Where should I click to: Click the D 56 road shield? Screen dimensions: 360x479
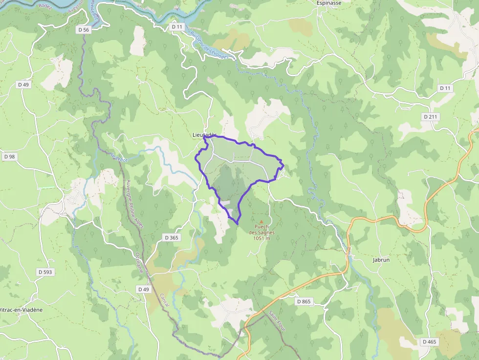[x=84, y=30]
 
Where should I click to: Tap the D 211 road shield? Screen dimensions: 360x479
[x=431, y=117]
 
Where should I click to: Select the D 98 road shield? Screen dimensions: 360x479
[x=9, y=157]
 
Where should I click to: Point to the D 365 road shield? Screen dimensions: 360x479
[x=172, y=237]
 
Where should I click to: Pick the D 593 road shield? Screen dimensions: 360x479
[x=45, y=272]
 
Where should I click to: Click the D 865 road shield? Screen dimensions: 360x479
[x=304, y=301]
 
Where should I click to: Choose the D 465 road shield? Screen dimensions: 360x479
[x=429, y=341]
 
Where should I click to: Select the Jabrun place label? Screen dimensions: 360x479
[x=381, y=260]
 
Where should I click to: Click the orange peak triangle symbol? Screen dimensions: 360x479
[x=261, y=221]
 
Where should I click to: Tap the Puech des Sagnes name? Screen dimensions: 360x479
[x=261, y=230]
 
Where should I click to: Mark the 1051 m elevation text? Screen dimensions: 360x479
[x=261, y=238]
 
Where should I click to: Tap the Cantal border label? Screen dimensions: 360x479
[x=164, y=299]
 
